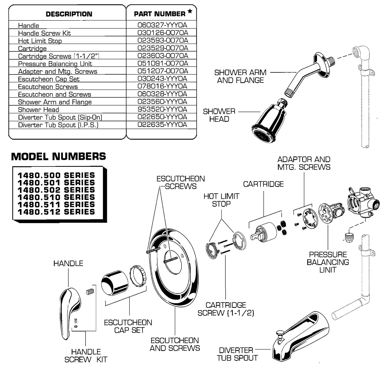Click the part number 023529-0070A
coord(162,48)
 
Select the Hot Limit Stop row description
coord(40,41)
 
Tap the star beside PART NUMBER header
coord(190,11)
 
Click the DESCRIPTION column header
coord(69,14)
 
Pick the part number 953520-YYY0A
coord(162,109)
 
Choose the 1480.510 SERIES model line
coord(56,197)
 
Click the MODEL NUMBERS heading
coord(58,156)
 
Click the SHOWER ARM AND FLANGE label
coord(240,76)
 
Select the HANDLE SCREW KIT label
coord(86,356)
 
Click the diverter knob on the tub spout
coord(279,332)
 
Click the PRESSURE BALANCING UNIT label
coord(328,262)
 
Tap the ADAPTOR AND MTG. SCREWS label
coord(304,163)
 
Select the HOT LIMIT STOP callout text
coord(221,200)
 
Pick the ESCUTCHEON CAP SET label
coord(128,326)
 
